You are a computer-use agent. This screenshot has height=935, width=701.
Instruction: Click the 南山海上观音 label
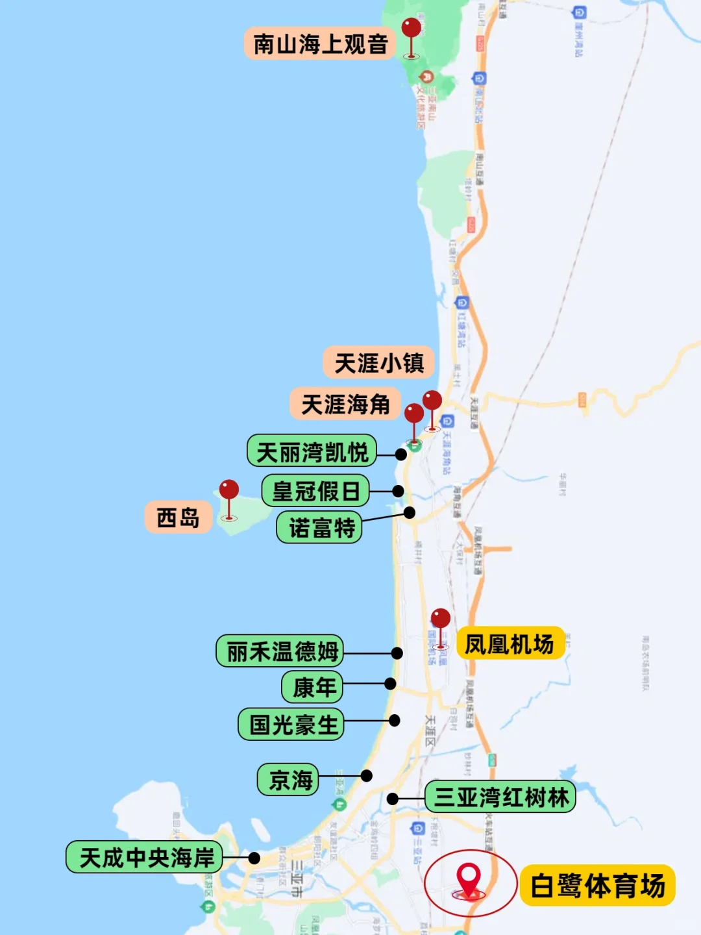pyautogui.click(x=320, y=44)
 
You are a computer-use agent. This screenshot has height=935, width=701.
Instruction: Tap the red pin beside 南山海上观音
pyautogui.click(x=411, y=29)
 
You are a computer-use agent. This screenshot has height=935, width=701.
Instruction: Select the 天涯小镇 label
pyautogui.click(x=379, y=363)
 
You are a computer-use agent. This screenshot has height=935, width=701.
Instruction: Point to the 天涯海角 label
pyautogui.click(x=345, y=405)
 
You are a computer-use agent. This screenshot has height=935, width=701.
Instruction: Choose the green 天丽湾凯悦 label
pyautogui.click(x=312, y=452)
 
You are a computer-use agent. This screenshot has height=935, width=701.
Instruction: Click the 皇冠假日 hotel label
pyautogui.click(x=315, y=491)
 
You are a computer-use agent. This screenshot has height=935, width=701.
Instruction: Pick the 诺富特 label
pyautogui.click(x=319, y=527)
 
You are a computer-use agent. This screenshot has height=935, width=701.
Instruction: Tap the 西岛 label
pyautogui.click(x=178, y=517)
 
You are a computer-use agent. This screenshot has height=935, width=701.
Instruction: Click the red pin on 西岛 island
pyautogui.click(x=228, y=490)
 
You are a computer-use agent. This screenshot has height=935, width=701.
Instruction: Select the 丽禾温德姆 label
pyautogui.click(x=280, y=651)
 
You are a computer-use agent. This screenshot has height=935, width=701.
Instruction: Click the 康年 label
pyautogui.click(x=312, y=687)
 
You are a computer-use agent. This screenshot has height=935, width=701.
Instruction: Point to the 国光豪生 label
pyautogui.click(x=292, y=725)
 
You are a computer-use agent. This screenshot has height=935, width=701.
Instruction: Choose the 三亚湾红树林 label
pyautogui.click(x=500, y=797)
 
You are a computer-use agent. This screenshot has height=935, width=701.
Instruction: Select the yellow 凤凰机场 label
pyautogui.click(x=510, y=644)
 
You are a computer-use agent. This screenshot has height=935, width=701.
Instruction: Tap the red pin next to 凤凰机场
pyautogui.click(x=440, y=619)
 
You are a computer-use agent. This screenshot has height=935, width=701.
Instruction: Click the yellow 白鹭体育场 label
pyautogui.click(x=598, y=886)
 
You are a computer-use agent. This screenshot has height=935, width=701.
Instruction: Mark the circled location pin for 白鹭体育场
pyautogui.click(x=469, y=878)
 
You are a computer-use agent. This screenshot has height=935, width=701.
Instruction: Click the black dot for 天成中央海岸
pyautogui.click(x=254, y=858)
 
